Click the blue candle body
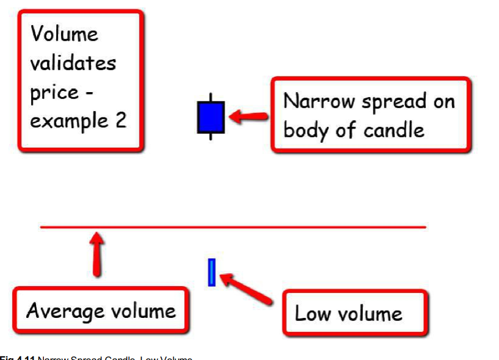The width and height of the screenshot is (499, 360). click(210, 117)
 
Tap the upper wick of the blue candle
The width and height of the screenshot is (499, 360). click(210, 98)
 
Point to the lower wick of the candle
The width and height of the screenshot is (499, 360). click(210, 136)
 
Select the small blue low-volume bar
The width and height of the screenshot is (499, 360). click(212, 272)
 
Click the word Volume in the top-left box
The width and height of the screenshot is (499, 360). click(64, 34)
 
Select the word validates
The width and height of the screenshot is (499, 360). click(73, 63)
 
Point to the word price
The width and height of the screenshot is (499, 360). click(54, 93)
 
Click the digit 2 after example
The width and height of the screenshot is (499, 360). click(120, 120)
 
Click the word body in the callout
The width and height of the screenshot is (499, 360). click(306, 130)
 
